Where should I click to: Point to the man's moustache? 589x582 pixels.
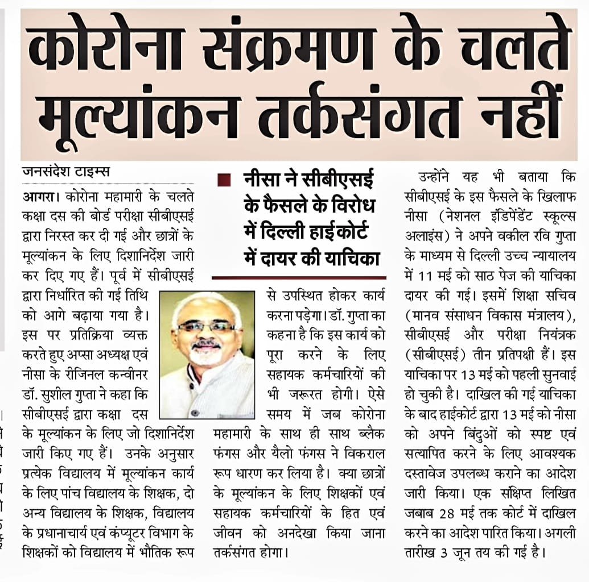click(206, 344)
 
